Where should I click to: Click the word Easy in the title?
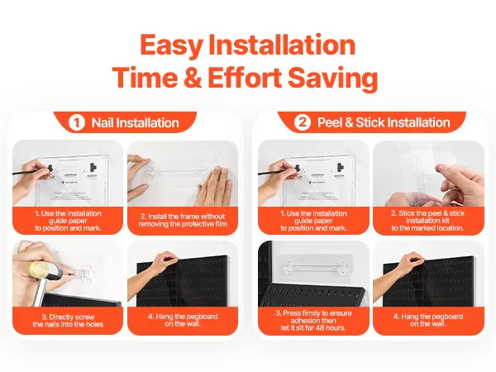click(x=171, y=46)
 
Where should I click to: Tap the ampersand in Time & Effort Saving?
click(x=193, y=78)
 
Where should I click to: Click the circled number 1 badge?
click(x=77, y=122)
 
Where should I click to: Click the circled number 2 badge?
click(x=303, y=122)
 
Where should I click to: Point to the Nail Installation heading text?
click(x=135, y=122)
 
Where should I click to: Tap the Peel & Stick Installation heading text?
click(x=384, y=122)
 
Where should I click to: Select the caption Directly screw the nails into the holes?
click(x=68, y=321)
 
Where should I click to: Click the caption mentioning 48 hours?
click(x=313, y=321)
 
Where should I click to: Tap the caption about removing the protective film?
click(x=183, y=220)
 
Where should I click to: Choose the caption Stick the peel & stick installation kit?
click(x=428, y=221)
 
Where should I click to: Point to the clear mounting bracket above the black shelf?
click(x=314, y=267)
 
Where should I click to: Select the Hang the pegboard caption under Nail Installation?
click(x=183, y=320)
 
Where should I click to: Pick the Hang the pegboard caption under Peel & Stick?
click(x=428, y=320)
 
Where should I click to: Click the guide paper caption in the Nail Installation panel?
click(x=68, y=221)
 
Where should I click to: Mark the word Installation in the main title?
click(x=282, y=45)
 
